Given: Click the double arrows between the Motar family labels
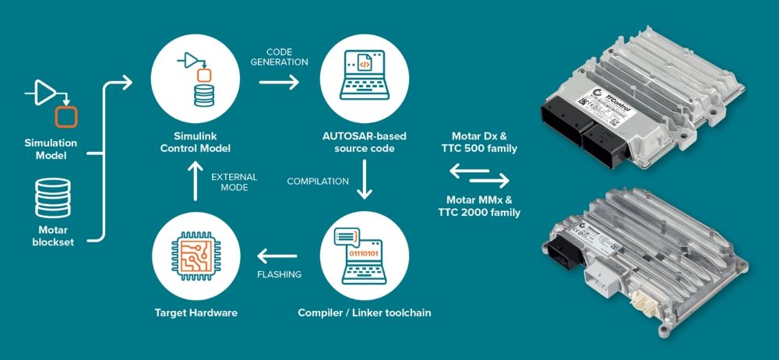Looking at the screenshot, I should (479, 175).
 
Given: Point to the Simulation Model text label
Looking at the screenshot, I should (50, 148).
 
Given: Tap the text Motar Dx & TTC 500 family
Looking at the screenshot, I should (479, 142).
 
